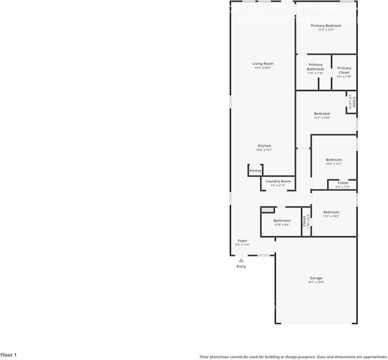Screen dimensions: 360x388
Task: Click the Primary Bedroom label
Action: point(326,26)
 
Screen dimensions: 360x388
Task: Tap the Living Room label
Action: point(263,64)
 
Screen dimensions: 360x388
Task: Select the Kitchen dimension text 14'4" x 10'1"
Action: point(264,150)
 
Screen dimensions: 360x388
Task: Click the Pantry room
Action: point(255,171)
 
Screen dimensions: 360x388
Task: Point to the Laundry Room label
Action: point(278,181)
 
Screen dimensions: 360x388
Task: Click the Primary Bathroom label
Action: point(315,67)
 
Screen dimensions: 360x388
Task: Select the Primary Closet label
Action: point(344,70)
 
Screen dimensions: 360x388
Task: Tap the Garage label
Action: point(316,278)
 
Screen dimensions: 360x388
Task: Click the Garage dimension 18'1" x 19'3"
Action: point(316,282)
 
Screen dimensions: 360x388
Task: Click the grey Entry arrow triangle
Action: point(241,260)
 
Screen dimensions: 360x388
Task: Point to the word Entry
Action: point(241,266)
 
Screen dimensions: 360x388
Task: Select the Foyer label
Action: point(242,241)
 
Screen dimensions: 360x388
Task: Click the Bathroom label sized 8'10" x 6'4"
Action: point(282,221)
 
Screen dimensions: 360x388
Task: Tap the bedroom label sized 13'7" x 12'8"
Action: point(322,114)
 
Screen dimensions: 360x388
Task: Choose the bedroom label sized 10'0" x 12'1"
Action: point(334,160)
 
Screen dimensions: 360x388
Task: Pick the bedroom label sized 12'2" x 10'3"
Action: point(331,212)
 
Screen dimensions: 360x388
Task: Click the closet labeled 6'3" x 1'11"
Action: point(343,185)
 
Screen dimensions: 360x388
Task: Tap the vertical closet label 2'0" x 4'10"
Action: point(352,101)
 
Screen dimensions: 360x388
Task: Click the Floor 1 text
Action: point(8,355)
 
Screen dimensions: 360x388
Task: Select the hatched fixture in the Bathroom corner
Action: point(267,210)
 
